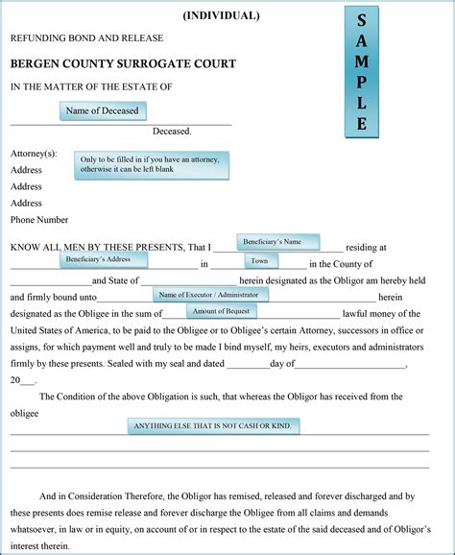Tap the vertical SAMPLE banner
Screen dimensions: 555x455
click(360, 72)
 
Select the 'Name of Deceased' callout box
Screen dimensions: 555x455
click(103, 111)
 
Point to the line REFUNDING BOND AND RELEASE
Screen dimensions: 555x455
click(86, 38)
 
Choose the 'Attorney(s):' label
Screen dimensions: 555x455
click(34, 154)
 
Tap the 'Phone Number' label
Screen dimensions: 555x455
click(39, 220)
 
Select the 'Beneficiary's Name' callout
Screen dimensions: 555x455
click(277, 242)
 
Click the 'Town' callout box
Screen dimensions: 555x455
click(260, 260)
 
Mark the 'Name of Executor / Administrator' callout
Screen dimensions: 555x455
click(209, 294)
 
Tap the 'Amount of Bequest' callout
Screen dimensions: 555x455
click(222, 311)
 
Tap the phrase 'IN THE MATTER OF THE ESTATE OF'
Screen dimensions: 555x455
click(91, 87)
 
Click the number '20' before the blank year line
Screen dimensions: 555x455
click(15, 380)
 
